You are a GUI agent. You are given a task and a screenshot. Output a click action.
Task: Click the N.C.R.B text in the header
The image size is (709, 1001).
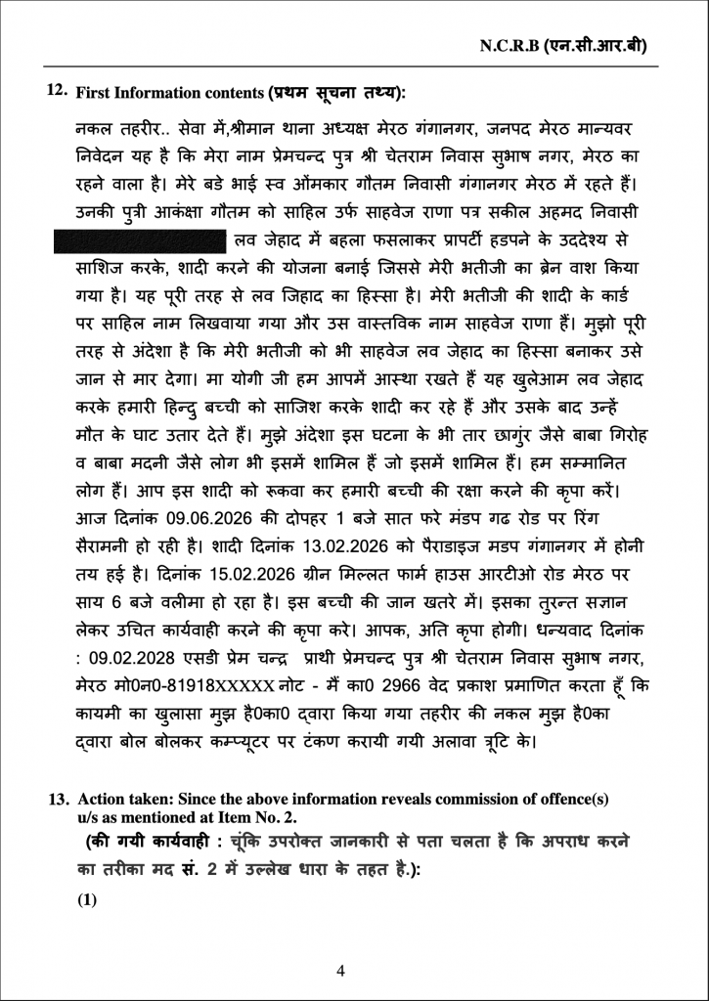pos(512,45)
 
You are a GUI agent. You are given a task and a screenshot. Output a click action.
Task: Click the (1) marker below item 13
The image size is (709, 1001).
pos(87,900)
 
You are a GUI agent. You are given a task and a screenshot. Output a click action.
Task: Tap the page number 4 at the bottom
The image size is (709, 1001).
pos(340,971)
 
